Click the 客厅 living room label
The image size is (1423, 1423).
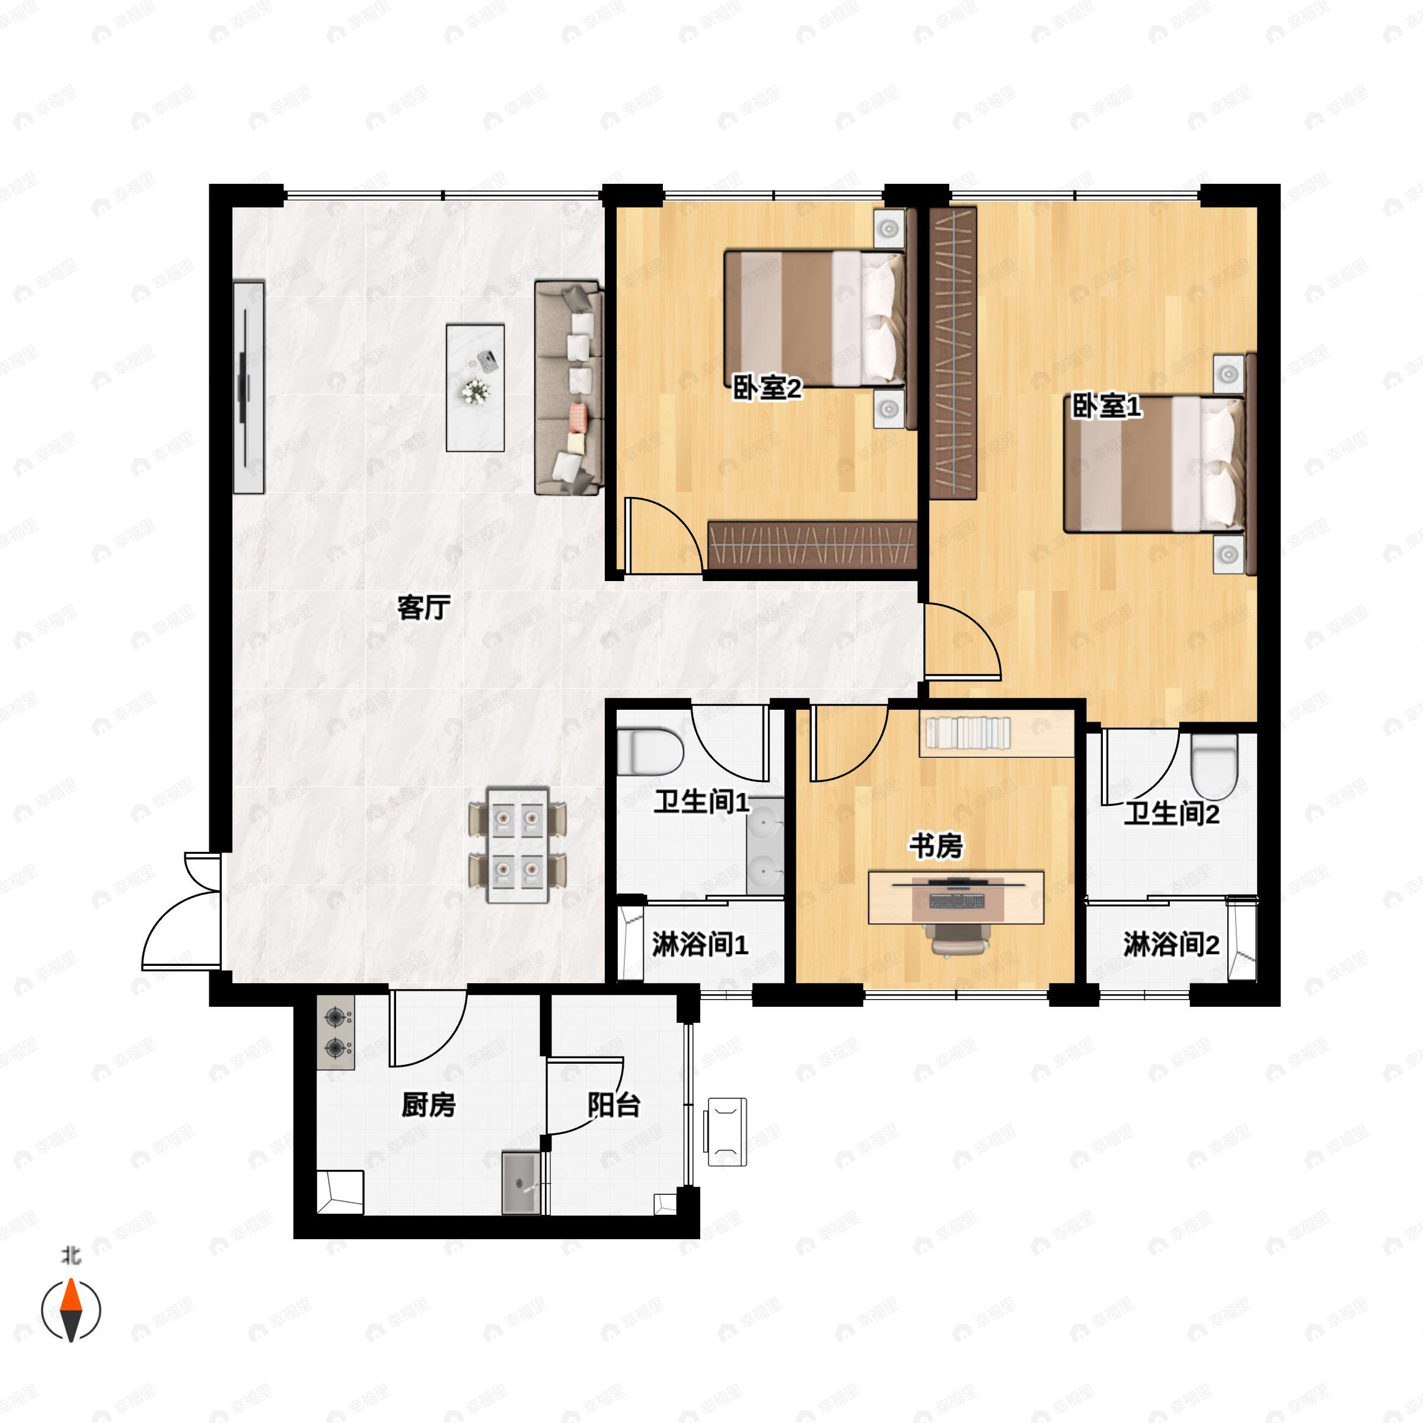point(423,608)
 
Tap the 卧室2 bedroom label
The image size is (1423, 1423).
point(766,388)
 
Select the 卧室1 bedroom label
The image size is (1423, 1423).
point(1106,406)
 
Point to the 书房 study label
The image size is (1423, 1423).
point(936,846)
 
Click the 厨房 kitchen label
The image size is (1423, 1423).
point(428,1105)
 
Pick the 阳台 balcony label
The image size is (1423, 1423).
point(614,1105)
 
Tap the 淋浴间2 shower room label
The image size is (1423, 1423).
point(1171,945)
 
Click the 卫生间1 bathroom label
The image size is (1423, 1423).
point(702,802)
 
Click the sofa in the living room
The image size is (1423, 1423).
point(569,387)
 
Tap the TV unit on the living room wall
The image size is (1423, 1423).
point(249,387)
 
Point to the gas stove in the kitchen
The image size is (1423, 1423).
point(336,1033)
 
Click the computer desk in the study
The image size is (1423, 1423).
point(956,897)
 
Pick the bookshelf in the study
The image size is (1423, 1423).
point(997,733)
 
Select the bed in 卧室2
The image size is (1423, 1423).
point(815,318)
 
